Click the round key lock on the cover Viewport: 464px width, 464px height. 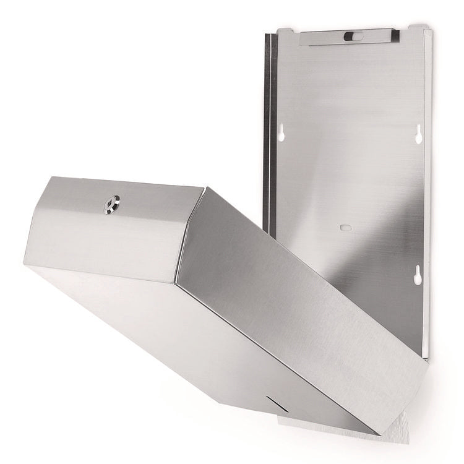coord(112,201)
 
